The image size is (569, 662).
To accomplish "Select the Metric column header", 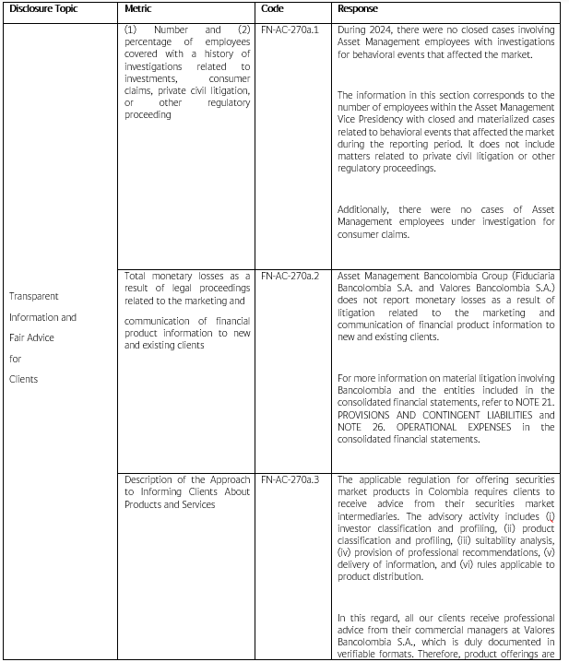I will click(138, 8).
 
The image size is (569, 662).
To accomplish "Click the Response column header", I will click(358, 8).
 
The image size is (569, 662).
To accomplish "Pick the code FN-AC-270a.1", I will click(290, 30).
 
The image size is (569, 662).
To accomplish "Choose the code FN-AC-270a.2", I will click(290, 276).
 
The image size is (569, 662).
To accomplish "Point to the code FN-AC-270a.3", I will click(290, 479).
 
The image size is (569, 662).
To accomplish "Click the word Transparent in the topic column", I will click(33, 296).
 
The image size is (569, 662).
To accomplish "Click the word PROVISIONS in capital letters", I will click(370, 415).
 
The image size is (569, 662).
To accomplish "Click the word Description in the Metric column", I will click(149, 479).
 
